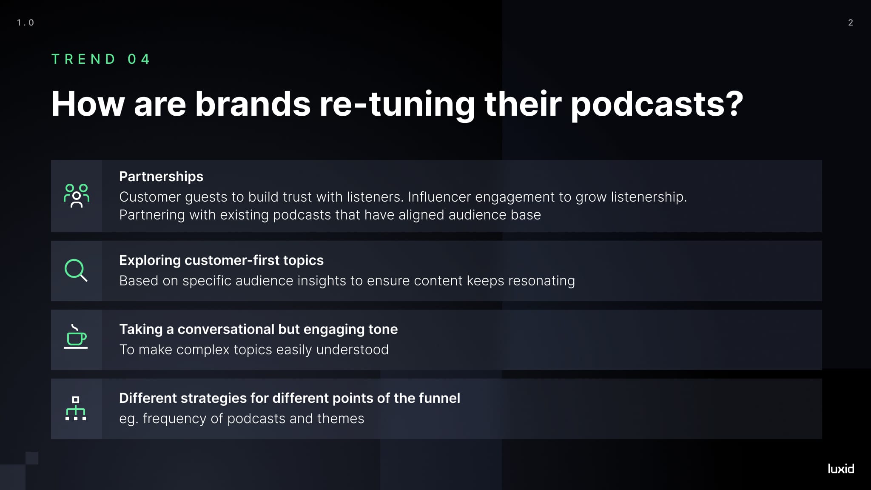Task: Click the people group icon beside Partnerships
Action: point(77,196)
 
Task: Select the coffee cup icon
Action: point(76,337)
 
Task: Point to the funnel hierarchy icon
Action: point(76,408)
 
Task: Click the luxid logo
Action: point(841,469)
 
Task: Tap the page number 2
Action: point(851,23)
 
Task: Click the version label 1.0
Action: point(26,23)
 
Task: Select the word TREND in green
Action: point(83,59)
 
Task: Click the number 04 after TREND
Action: point(139,59)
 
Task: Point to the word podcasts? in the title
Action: point(657,104)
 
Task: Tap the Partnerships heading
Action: point(161,177)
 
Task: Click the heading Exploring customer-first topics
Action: point(221,260)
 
